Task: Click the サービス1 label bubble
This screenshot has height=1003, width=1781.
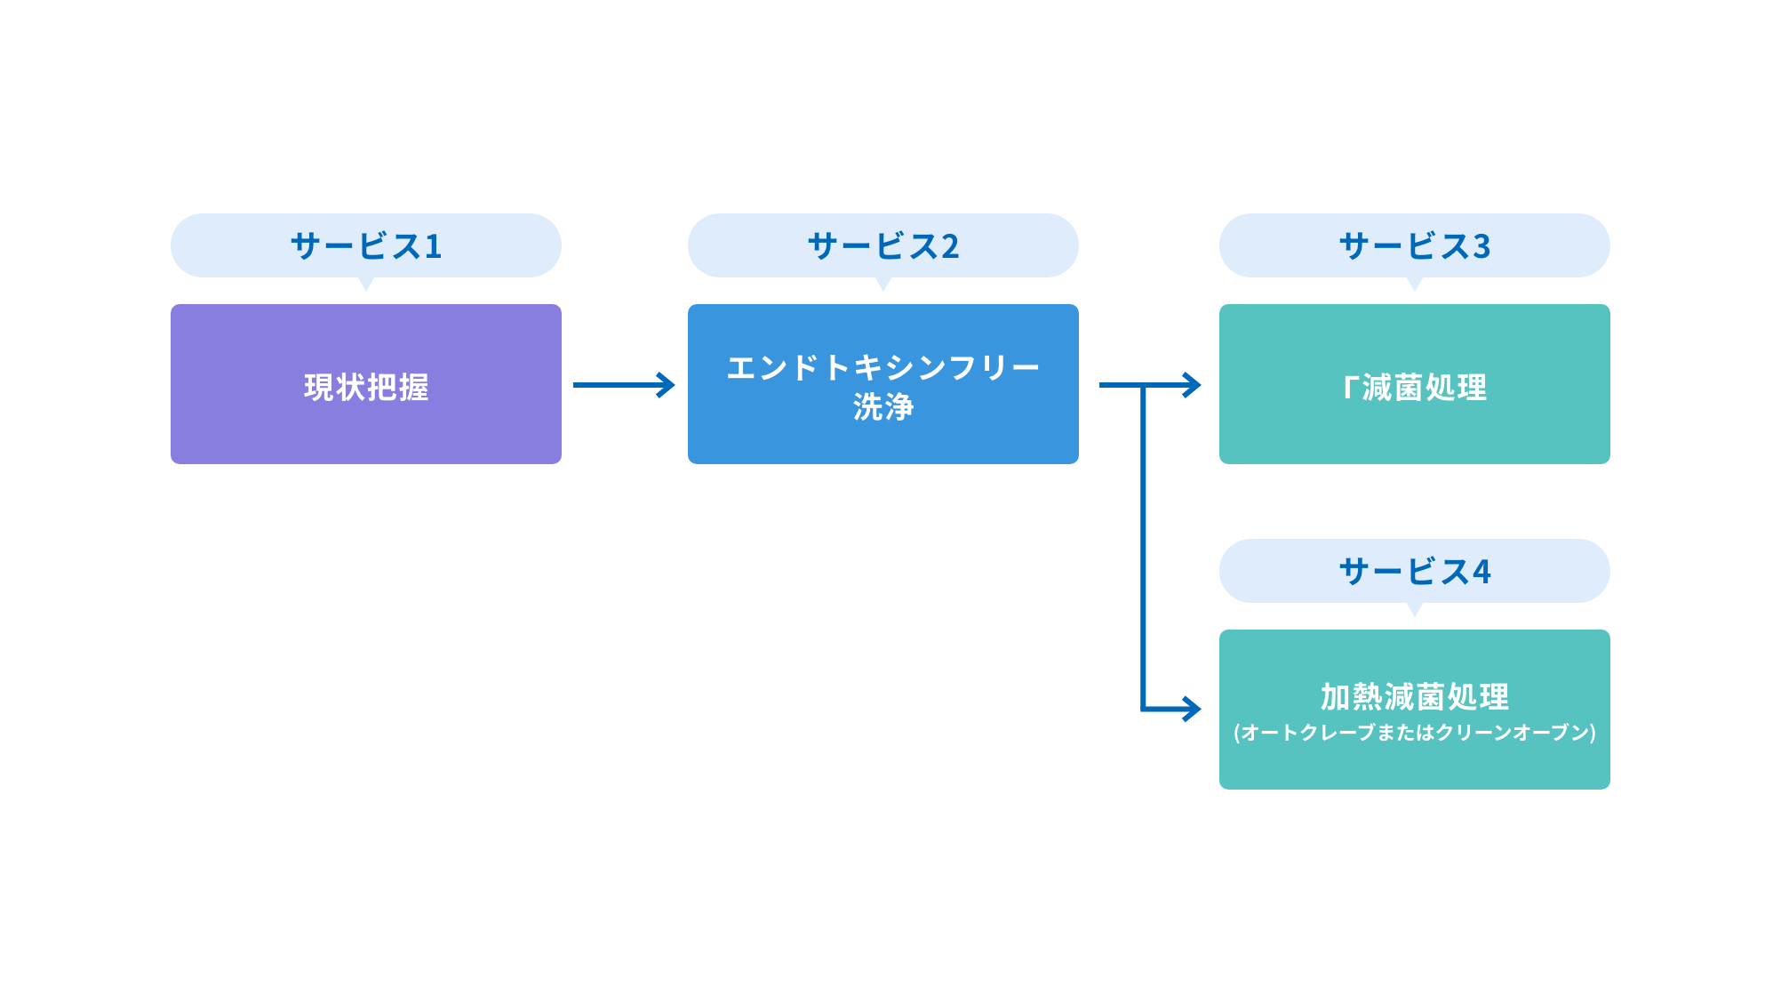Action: [365, 245]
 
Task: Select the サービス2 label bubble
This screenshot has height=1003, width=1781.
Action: [883, 245]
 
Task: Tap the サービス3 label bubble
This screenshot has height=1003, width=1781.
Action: [1414, 245]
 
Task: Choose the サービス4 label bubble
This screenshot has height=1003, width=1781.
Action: [1414, 571]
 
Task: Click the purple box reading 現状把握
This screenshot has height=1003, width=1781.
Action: [365, 384]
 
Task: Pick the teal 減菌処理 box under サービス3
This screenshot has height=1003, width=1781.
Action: [1414, 384]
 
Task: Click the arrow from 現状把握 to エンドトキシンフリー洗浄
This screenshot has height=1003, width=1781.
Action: [622, 385]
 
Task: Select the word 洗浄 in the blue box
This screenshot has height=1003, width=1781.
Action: [883, 407]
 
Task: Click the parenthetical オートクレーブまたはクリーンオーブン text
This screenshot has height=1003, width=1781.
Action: [1414, 733]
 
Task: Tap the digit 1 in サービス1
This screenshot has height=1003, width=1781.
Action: [434, 246]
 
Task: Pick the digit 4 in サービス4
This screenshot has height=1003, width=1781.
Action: [1482, 572]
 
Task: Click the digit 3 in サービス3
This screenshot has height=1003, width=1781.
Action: [1482, 246]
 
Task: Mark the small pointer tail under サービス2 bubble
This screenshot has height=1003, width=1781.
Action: [883, 284]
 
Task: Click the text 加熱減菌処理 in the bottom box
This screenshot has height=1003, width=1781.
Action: [1414, 696]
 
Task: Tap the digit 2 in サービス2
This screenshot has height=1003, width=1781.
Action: [950, 246]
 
